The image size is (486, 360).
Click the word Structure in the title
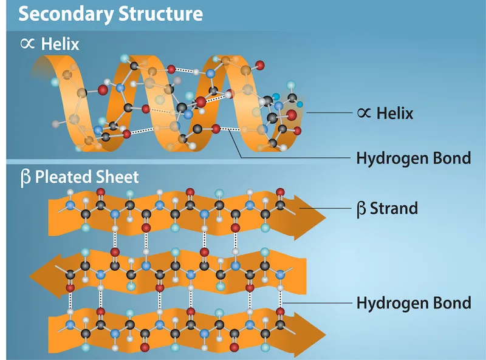[x=162, y=13]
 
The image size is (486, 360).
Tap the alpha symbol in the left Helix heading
[x=28, y=44]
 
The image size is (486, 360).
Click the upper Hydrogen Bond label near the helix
[x=413, y=158]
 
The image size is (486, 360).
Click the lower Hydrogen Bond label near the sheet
[x=413, y=302]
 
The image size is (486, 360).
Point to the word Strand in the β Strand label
[x=394, y=208]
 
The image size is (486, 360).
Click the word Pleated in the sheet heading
[x=66, y=177]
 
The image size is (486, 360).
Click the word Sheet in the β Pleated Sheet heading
[x=120, y=177]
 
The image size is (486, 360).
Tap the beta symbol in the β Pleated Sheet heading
[x=25, y=178]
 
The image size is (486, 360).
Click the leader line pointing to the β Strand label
[x=328, y=208]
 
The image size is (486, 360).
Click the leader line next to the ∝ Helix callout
[x=328, y=112]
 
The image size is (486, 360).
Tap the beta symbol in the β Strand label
[x=361, y=209]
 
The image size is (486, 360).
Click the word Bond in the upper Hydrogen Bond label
[x=450, y=158]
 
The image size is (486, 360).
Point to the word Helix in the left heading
[x=60, y=44]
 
